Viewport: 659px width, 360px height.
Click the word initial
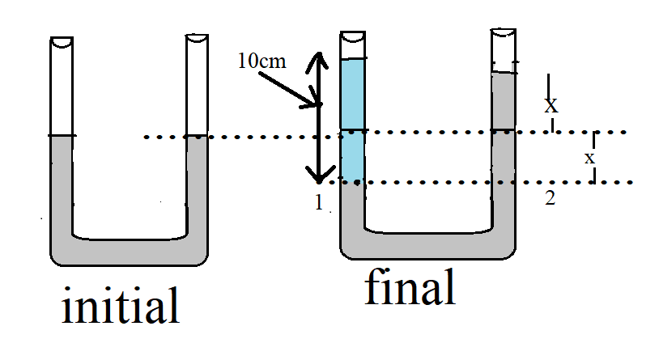click(x=120, y=308)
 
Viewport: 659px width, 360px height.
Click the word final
click(x=409, y=288)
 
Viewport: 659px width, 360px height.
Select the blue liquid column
click(x=353, y=121)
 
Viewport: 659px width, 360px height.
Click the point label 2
click(x=550, y=198)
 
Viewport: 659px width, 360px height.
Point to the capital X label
click(x=551, y=105)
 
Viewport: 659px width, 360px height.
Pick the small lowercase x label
click(x=589, y=158)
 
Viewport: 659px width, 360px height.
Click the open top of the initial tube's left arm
click(x=62, y=40)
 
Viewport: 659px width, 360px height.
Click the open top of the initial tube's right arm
click(x=197, y=38)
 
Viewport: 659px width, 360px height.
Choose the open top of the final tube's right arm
click(x=504, y=33)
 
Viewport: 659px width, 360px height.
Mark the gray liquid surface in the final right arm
click(x=504, y=74)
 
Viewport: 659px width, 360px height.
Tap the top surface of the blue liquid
click(x=353, y=60)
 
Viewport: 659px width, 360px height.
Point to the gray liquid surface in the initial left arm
click(x=62, y=137)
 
